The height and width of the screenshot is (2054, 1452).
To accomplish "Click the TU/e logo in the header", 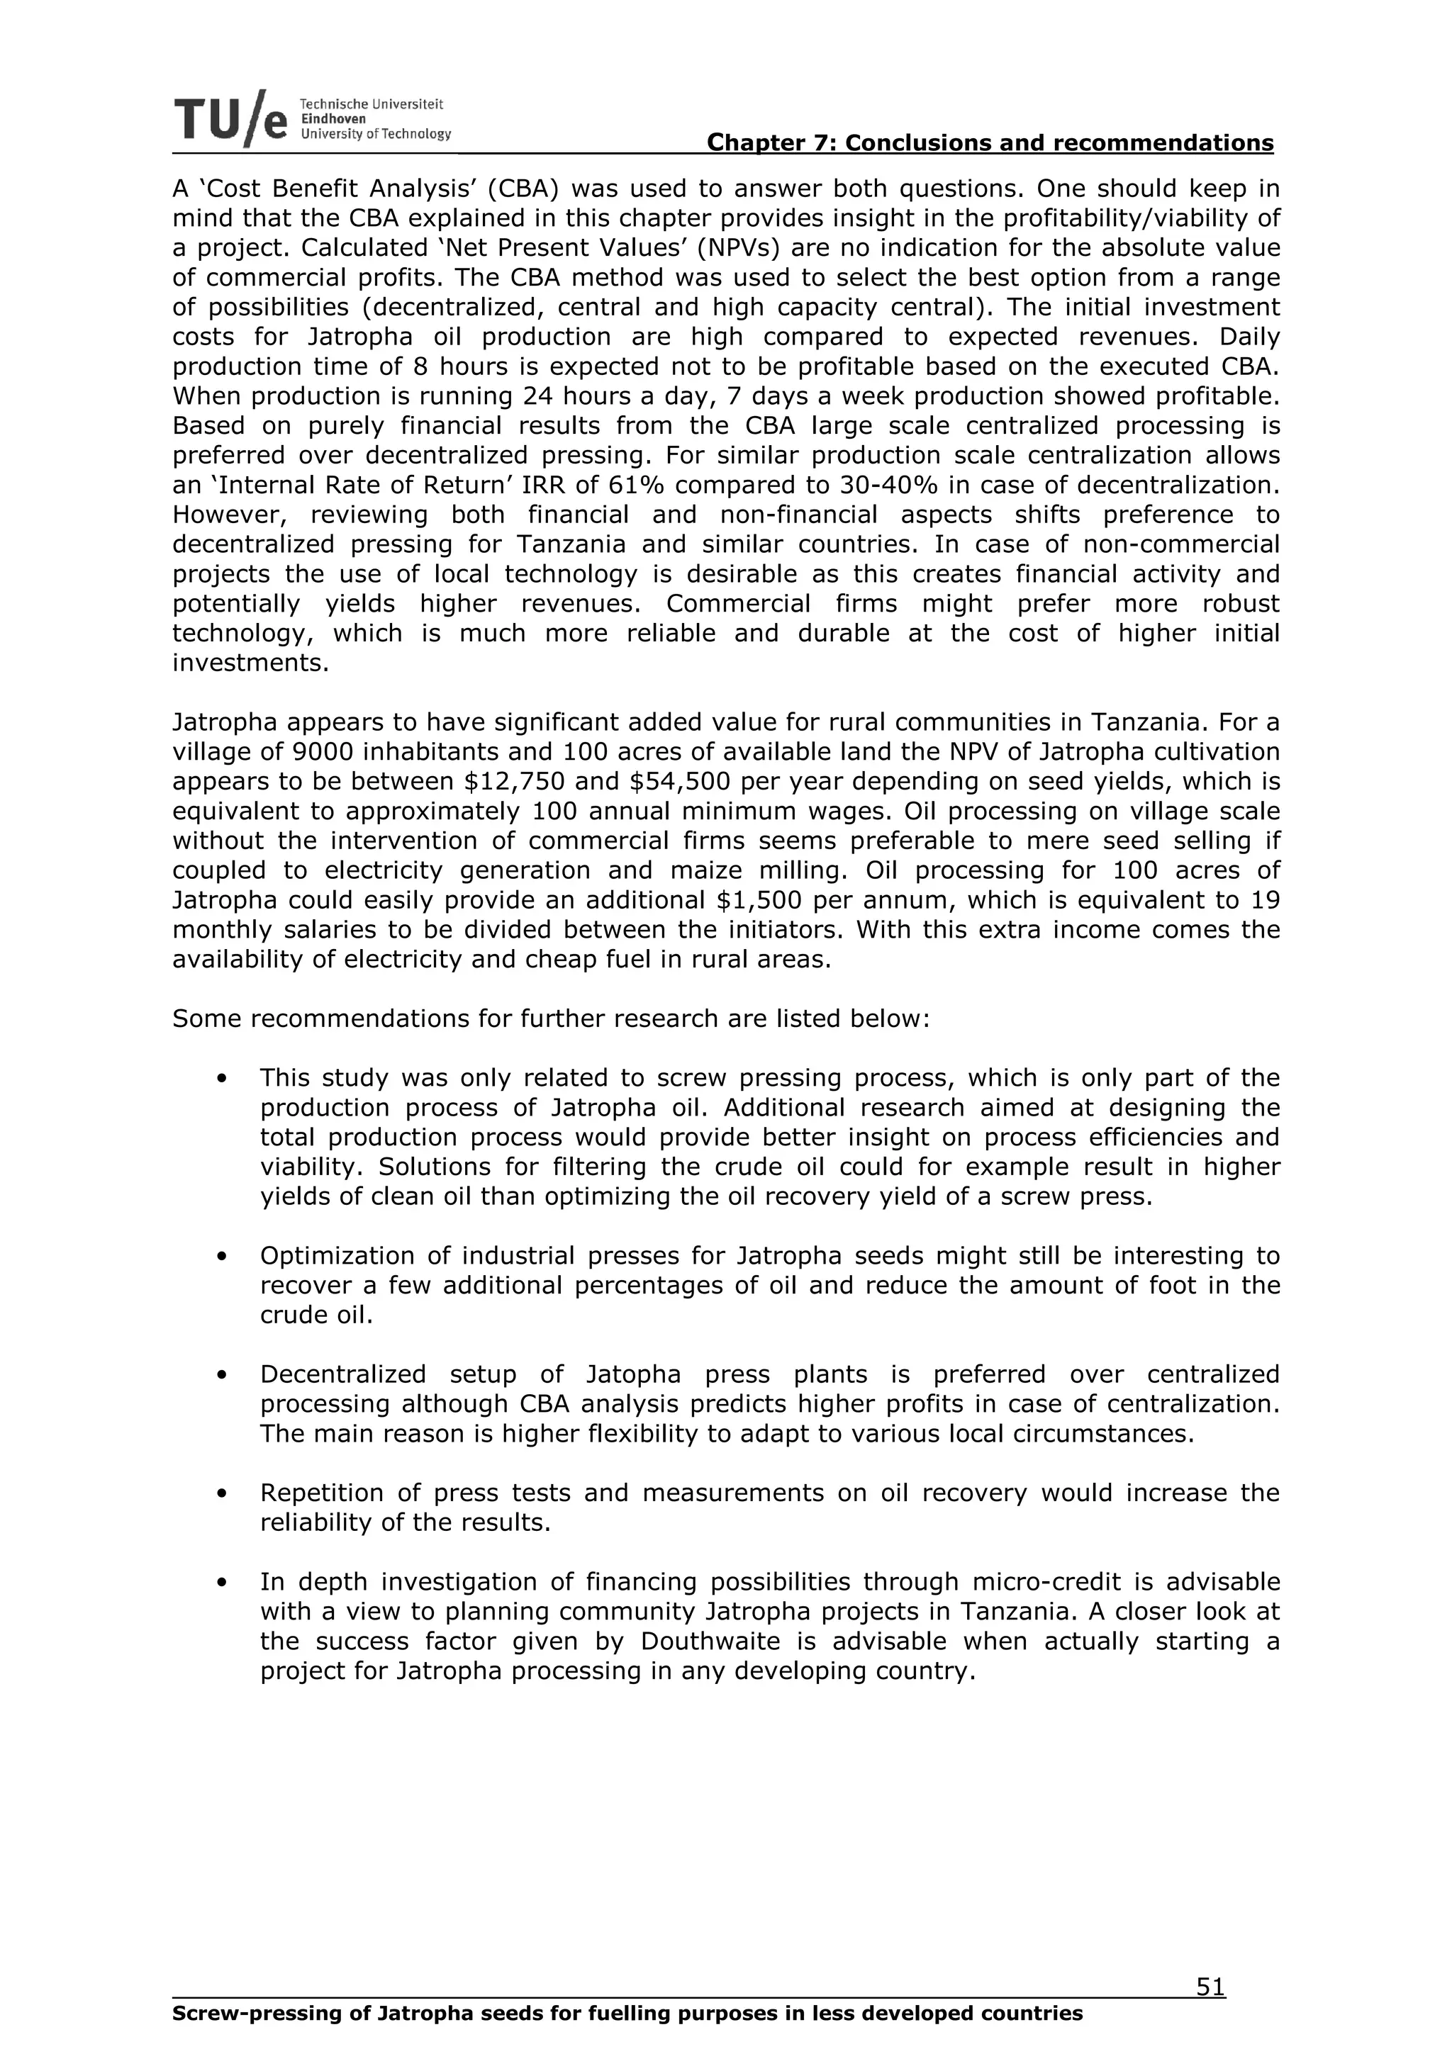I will point(231,119).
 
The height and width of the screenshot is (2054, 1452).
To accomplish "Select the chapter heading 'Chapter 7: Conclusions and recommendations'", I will point(990,143).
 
